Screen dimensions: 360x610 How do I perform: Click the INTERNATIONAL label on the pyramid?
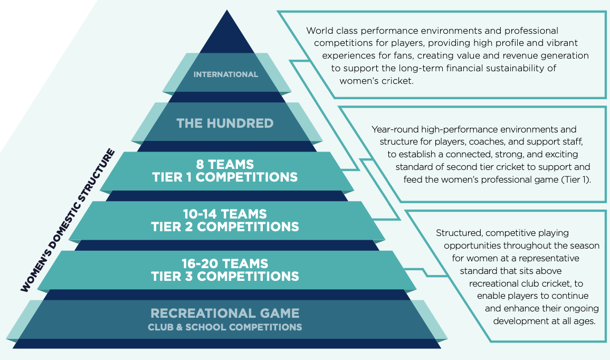[226, 74]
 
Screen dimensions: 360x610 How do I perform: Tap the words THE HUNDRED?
[225, 124]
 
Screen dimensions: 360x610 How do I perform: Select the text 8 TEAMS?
[225, 165]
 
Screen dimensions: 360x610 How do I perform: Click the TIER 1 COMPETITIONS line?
[225, 177]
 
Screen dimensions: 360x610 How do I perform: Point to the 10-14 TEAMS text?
[225, 214]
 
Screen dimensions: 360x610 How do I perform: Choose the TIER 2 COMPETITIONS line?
[225, 226]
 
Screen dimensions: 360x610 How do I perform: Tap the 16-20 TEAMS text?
[225, 263]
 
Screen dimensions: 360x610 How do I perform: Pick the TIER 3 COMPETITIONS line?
[225, 276]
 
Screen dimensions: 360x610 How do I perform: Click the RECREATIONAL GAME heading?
[225, 313]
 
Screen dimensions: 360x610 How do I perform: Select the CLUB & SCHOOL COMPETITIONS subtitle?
[225, 327]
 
